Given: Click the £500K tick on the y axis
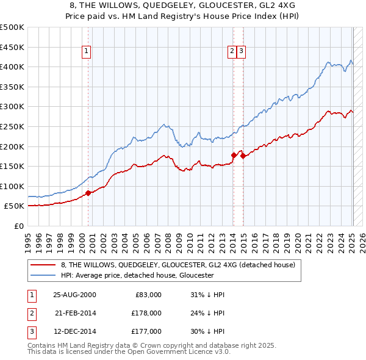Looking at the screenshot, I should pos(12,27).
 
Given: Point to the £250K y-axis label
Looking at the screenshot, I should pos(12,126).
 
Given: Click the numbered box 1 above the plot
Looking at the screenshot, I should pos(87,52).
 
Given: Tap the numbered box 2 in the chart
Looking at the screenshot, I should pos(232,52).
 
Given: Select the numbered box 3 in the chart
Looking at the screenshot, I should pos(242,52).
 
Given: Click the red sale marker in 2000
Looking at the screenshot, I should pos(88,193).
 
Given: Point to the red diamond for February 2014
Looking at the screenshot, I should pos(234,155).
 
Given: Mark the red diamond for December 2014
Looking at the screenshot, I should pos(243,156).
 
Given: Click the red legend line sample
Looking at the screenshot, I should pos(44,265).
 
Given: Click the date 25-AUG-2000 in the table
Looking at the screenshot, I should pos(75,295).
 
